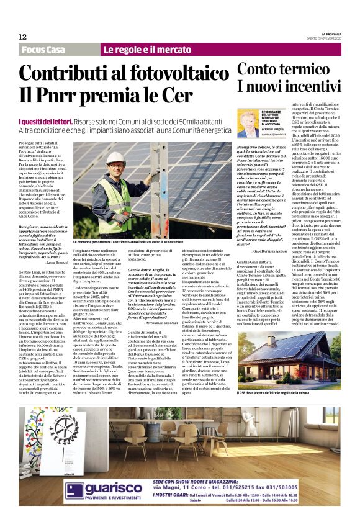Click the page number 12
click(22, 37)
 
